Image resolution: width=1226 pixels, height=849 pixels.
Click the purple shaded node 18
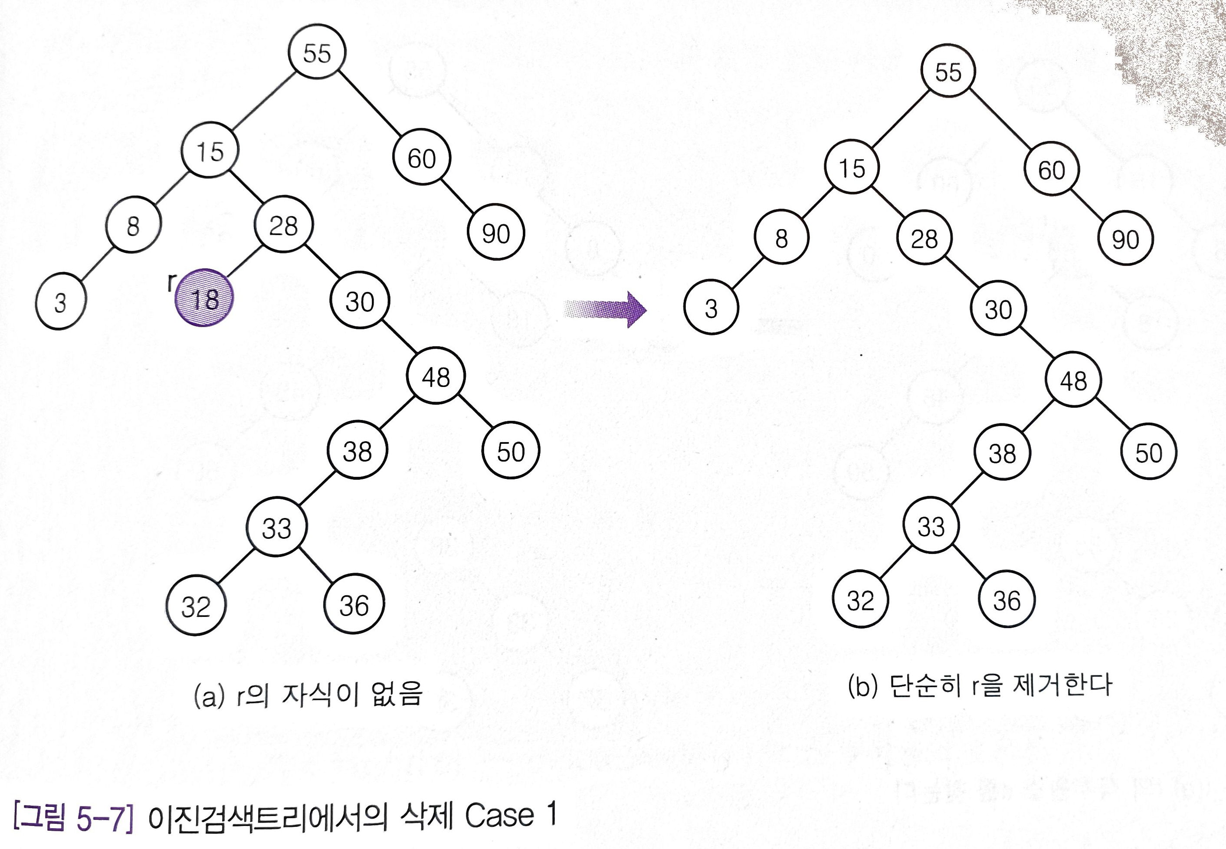[204, 298]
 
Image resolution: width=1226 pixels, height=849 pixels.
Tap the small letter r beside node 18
[170, 282]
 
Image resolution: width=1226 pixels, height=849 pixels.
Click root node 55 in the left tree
[317, 52]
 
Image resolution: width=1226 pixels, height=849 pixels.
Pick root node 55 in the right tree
[948, 72]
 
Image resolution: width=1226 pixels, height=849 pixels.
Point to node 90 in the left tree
[496, 233]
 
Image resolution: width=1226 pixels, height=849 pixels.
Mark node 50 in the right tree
[1149, 452]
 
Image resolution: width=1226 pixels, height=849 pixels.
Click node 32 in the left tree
[196, 606]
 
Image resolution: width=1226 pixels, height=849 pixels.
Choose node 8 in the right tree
[781, 238]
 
